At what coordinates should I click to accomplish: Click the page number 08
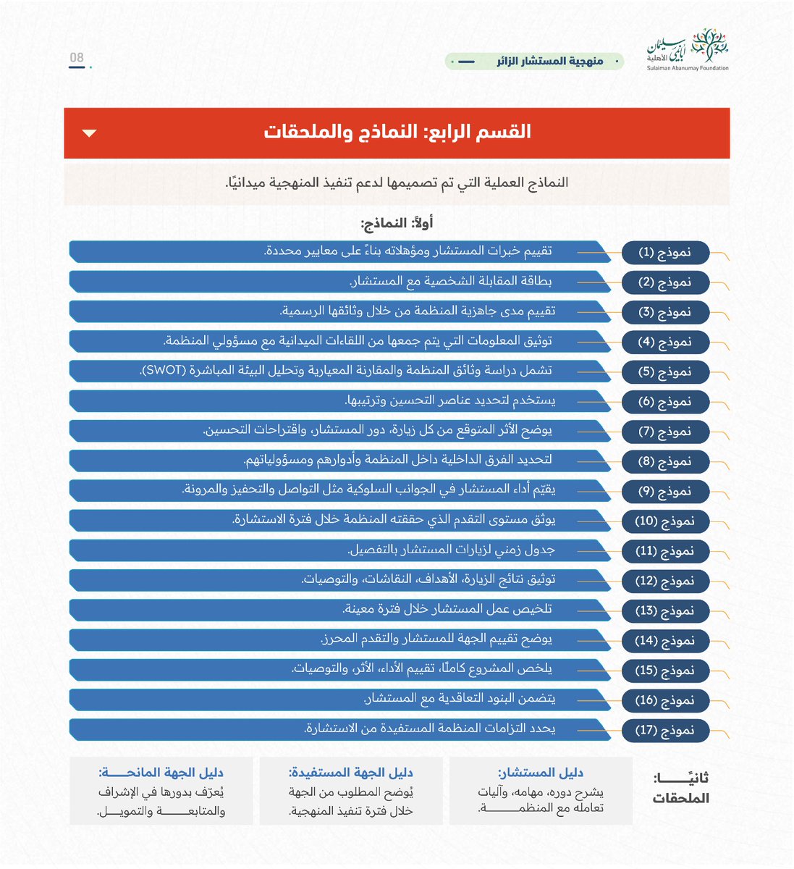77,58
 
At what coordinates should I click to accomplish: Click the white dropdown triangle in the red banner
90,133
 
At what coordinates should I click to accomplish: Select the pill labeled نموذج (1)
665,253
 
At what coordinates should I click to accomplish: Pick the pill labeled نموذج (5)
665,371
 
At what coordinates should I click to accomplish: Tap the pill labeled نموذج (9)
665,491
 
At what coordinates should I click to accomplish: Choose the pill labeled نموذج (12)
665,581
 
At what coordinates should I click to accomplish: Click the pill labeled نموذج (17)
665,730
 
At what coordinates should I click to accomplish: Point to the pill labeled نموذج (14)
665,640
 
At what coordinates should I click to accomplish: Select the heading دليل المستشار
541,773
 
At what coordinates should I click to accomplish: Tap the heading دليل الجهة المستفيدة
351,773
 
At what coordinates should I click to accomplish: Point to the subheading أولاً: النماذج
397,223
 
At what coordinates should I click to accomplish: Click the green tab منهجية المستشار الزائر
534,62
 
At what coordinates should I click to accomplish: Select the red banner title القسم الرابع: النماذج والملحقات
397,133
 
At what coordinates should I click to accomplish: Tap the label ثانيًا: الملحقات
680,788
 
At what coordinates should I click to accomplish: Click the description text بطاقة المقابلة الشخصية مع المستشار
452,282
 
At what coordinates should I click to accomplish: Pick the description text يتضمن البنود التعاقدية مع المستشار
459,699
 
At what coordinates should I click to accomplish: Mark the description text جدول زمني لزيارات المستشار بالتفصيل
451,550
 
